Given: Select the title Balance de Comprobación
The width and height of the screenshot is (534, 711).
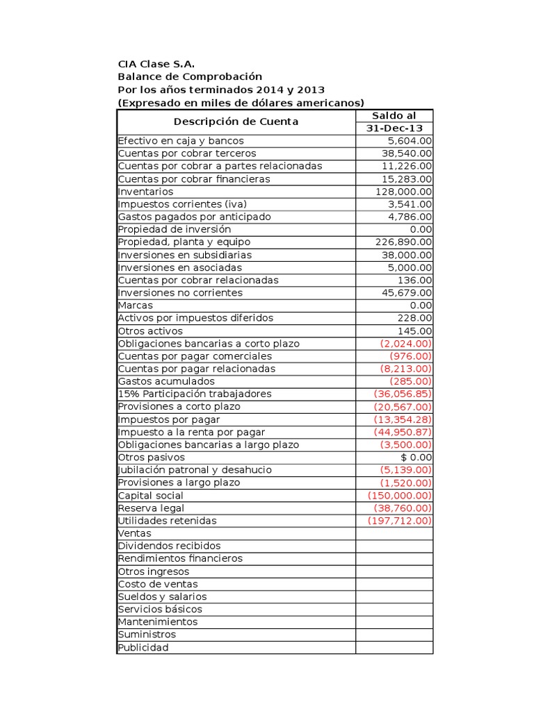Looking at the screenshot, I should (x=190, y=76).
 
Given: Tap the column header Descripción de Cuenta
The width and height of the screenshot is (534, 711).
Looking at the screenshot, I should (x=236, y=122).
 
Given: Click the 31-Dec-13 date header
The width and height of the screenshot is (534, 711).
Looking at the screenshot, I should (x=394, y=128).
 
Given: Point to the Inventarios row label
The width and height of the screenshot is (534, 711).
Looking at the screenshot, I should (x=146, y=191).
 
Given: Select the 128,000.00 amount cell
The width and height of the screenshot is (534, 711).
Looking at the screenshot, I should (x=404, y=191).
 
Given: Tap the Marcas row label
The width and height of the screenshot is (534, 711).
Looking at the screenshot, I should (x=136, y=305).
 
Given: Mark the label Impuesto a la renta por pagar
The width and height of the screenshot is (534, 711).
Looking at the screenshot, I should (x=191, y=432).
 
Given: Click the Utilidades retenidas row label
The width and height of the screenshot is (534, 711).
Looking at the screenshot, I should (x=168, y=521).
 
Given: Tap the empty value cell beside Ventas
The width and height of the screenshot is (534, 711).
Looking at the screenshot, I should (x=394, y=533).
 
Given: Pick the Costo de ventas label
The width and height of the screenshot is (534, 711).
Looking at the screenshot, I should (x=158, y=584).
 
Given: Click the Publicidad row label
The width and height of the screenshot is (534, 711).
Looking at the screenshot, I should (x=143, y=647).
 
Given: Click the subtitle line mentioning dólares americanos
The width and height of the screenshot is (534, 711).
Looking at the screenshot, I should (x=241, y=102).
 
